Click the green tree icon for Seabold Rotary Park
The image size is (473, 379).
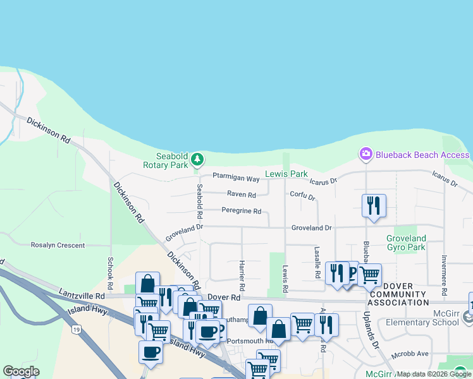tap(198, 158)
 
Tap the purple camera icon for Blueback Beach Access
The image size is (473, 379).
tap(365, 154)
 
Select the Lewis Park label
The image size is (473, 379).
tap(286, 174)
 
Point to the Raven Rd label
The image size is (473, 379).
tap(241, 195)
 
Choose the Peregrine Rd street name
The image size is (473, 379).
tap(241, 211)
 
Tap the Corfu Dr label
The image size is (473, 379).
tap(302, 196)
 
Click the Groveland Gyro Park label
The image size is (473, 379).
tap(406, 243)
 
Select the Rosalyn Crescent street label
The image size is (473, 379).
tap(58, 244)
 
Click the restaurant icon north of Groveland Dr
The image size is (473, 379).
tap(374, 205)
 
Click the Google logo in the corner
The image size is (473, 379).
tap(21, 372)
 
